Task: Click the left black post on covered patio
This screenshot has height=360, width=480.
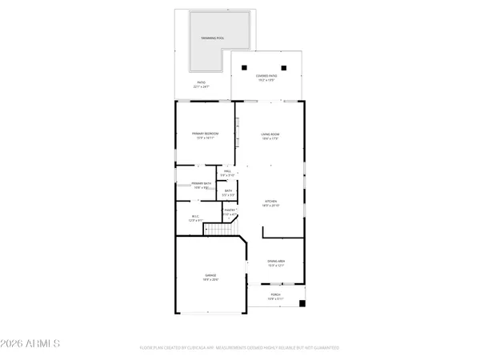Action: click(246, 67)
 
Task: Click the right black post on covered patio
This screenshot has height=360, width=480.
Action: click(284, 67)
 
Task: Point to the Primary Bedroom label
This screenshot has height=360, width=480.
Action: click(206, 133)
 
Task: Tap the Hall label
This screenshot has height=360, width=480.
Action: click(228, 170)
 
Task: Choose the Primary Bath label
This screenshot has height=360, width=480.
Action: click(202, 184)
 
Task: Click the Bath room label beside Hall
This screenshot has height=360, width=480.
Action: click(228, 190)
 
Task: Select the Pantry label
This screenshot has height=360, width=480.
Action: click(229, 210)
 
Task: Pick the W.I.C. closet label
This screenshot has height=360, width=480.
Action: click(194, 215)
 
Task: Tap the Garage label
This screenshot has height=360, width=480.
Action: click(209, 276)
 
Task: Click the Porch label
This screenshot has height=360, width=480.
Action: click(275, 294)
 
